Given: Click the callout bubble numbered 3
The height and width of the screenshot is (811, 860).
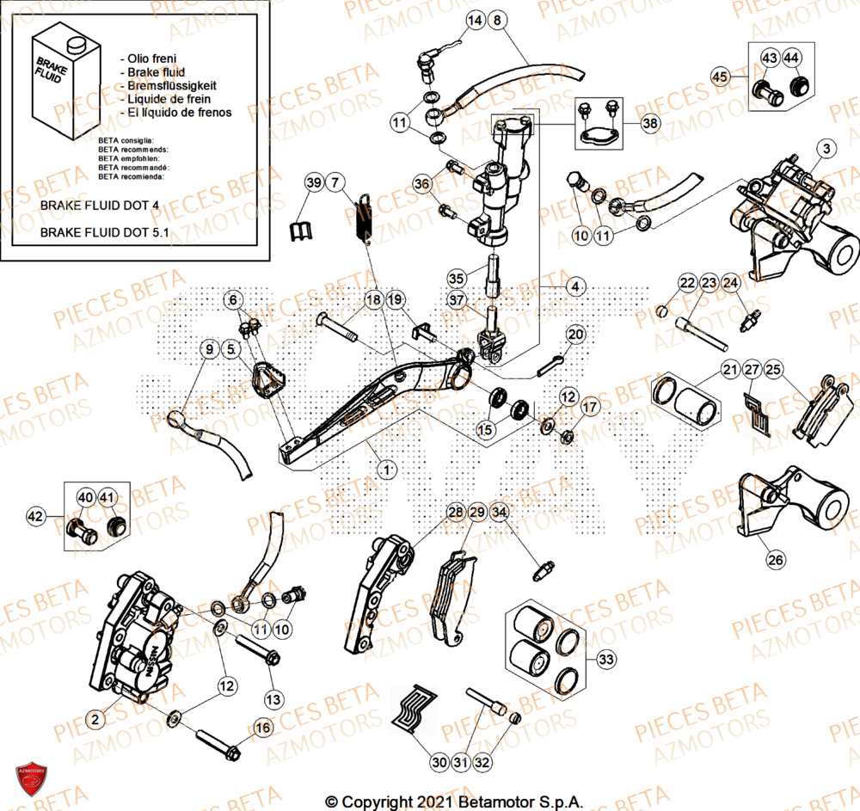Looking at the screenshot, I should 826,149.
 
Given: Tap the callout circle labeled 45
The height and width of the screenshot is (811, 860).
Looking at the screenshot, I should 719,77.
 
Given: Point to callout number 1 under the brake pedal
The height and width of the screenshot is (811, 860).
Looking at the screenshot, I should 387,470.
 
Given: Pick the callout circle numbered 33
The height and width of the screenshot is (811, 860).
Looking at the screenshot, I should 607,660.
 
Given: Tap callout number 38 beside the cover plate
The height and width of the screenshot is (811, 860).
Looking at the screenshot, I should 650,124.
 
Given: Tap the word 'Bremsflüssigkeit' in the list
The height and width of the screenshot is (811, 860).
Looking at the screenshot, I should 170,86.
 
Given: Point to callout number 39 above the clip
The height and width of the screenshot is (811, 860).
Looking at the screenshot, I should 314,181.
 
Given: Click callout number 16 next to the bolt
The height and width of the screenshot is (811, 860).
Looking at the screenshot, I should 263,728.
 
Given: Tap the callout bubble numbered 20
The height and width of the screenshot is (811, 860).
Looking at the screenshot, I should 574,334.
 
